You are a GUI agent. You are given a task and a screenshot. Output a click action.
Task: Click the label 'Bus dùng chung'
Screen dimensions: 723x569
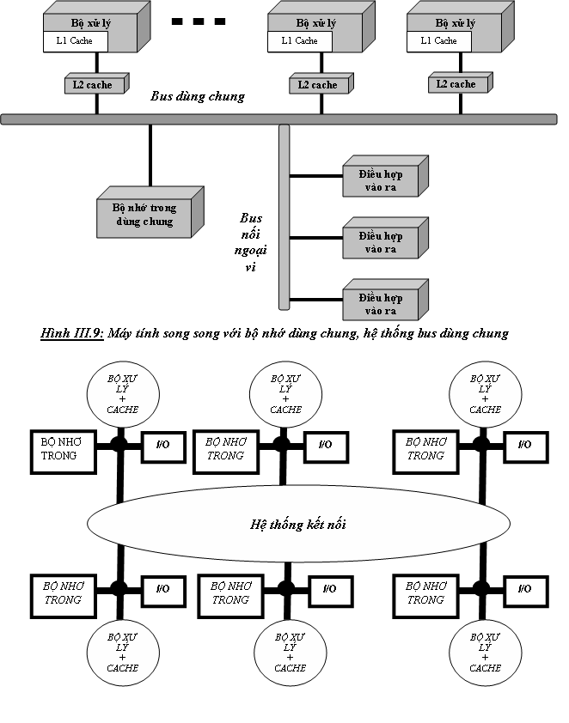198,96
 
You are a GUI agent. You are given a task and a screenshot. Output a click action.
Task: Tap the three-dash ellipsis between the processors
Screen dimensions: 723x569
199,21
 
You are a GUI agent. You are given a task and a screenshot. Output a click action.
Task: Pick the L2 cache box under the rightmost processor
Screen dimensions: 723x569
456,84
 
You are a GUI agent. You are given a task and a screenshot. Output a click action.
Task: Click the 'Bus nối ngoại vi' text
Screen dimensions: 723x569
251,241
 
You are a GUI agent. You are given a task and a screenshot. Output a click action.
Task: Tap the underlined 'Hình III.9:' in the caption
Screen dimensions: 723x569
72,333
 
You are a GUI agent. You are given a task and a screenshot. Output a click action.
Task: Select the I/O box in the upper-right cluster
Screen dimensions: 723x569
523,445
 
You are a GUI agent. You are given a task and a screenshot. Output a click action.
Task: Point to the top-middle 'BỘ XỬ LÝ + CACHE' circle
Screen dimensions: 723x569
285,394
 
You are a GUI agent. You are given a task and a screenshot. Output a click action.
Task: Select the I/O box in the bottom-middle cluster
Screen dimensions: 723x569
328,588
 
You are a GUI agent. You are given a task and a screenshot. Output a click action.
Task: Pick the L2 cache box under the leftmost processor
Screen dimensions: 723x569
94,85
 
